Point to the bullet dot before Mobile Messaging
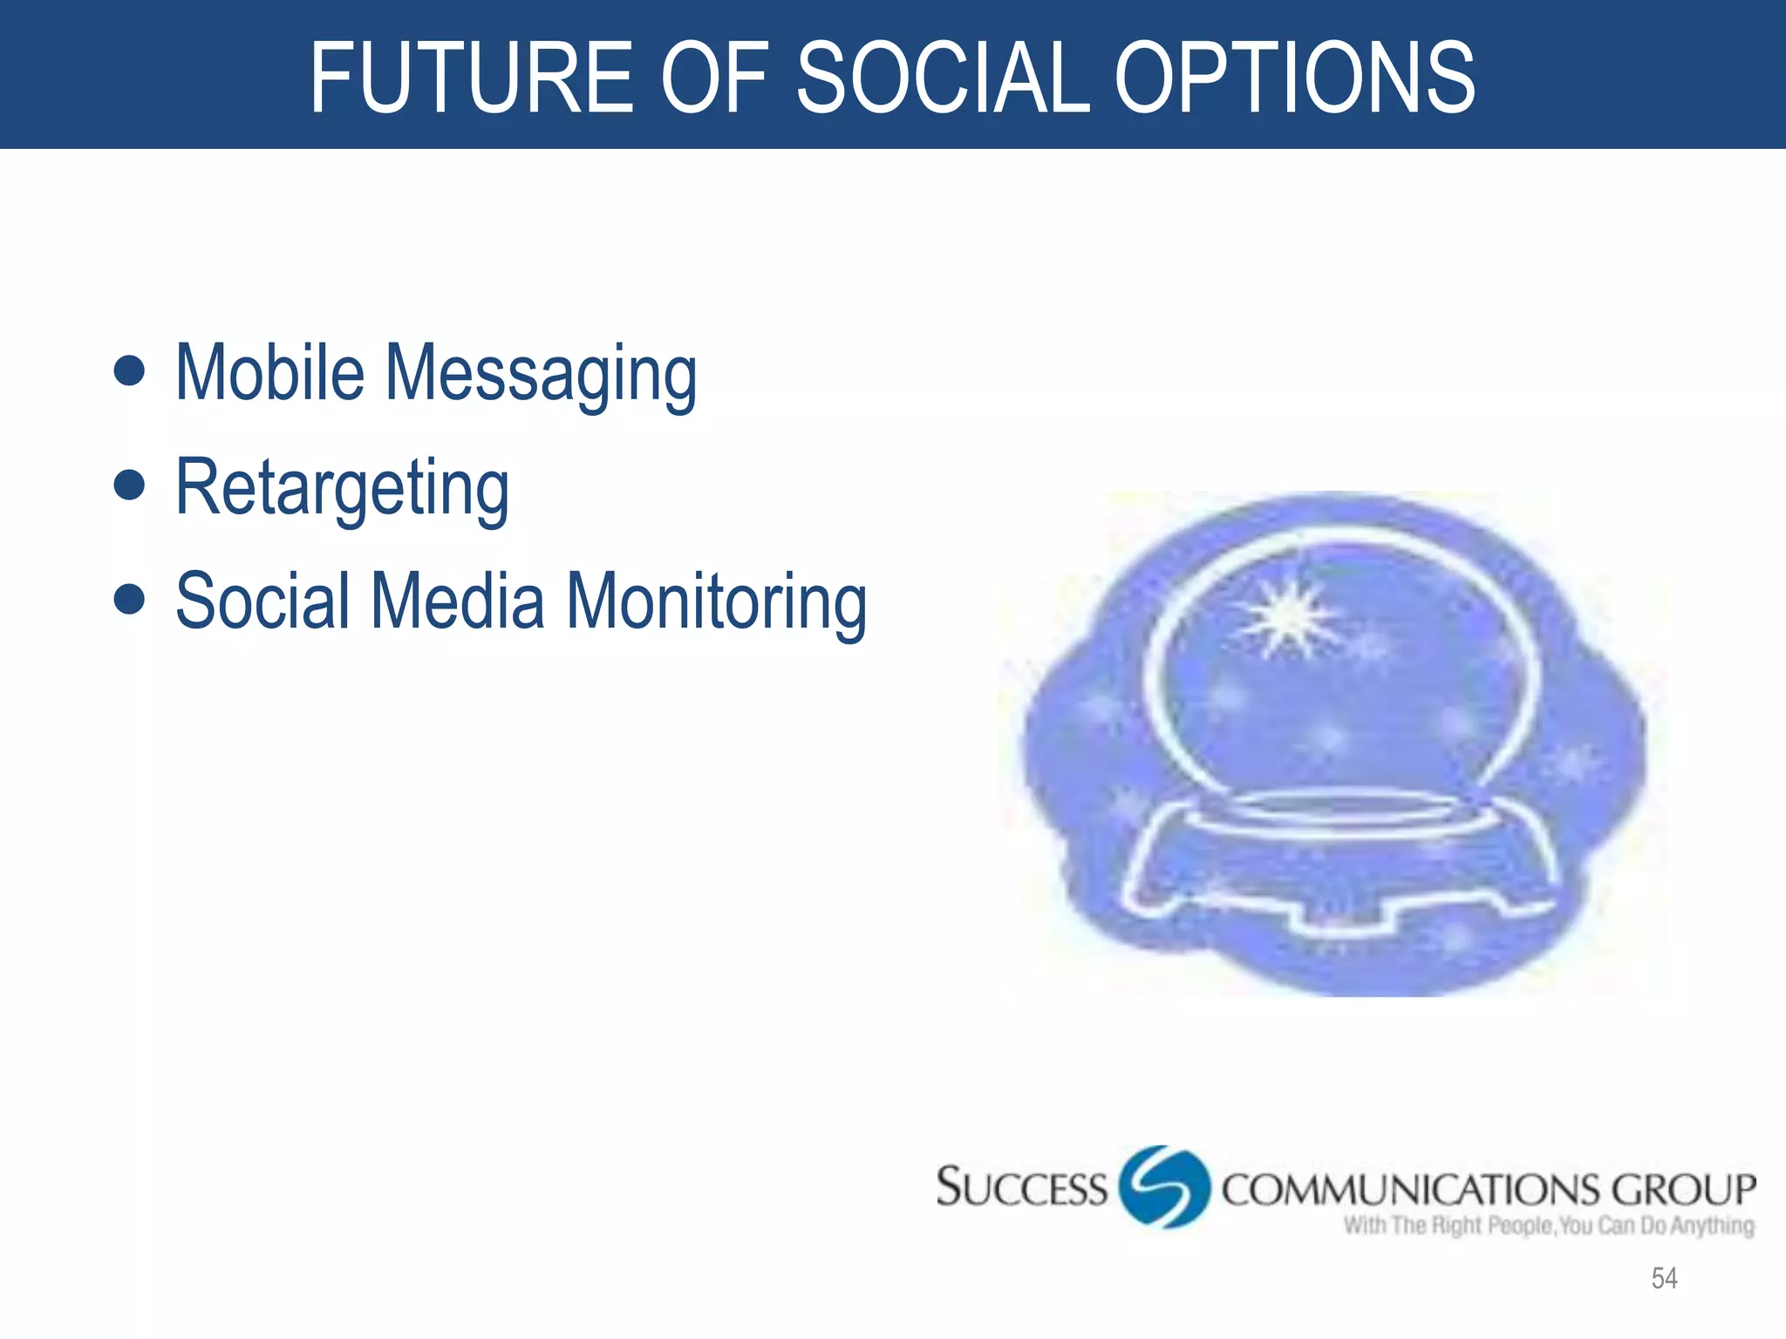[129, 370]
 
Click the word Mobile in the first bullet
[269, 373]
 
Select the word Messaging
[541, 377]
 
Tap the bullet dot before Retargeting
[129, 485]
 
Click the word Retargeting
[342, 490]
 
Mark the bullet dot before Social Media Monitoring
[129, 599]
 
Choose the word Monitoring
[717, 604]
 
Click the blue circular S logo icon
[1164, 1186]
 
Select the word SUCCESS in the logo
[1020, 1188]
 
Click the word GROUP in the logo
[1683, 1191]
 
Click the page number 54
[1664, 1278]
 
